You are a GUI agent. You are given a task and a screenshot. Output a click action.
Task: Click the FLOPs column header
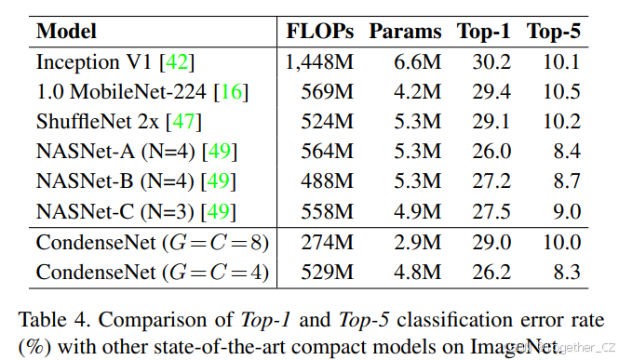[x=320, y=31]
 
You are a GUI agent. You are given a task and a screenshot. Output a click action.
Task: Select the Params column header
[x=405, y=31]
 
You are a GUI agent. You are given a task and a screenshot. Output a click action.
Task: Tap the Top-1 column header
[x=483, y=31]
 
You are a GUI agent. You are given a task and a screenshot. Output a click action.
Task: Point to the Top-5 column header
[x=555, y=31]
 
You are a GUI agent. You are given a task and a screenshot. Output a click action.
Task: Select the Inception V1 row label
[x=89, y=63]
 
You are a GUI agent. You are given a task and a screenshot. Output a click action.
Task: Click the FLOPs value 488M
[x=328, y=181]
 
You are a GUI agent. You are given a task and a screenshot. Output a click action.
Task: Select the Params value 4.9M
[x=418, y=211]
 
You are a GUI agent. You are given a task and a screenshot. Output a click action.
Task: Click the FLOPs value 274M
[x=328, y=244]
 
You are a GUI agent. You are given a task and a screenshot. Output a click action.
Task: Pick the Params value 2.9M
[x=418, y=244]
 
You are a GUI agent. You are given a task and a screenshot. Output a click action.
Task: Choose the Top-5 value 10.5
[x=562, y=92]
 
